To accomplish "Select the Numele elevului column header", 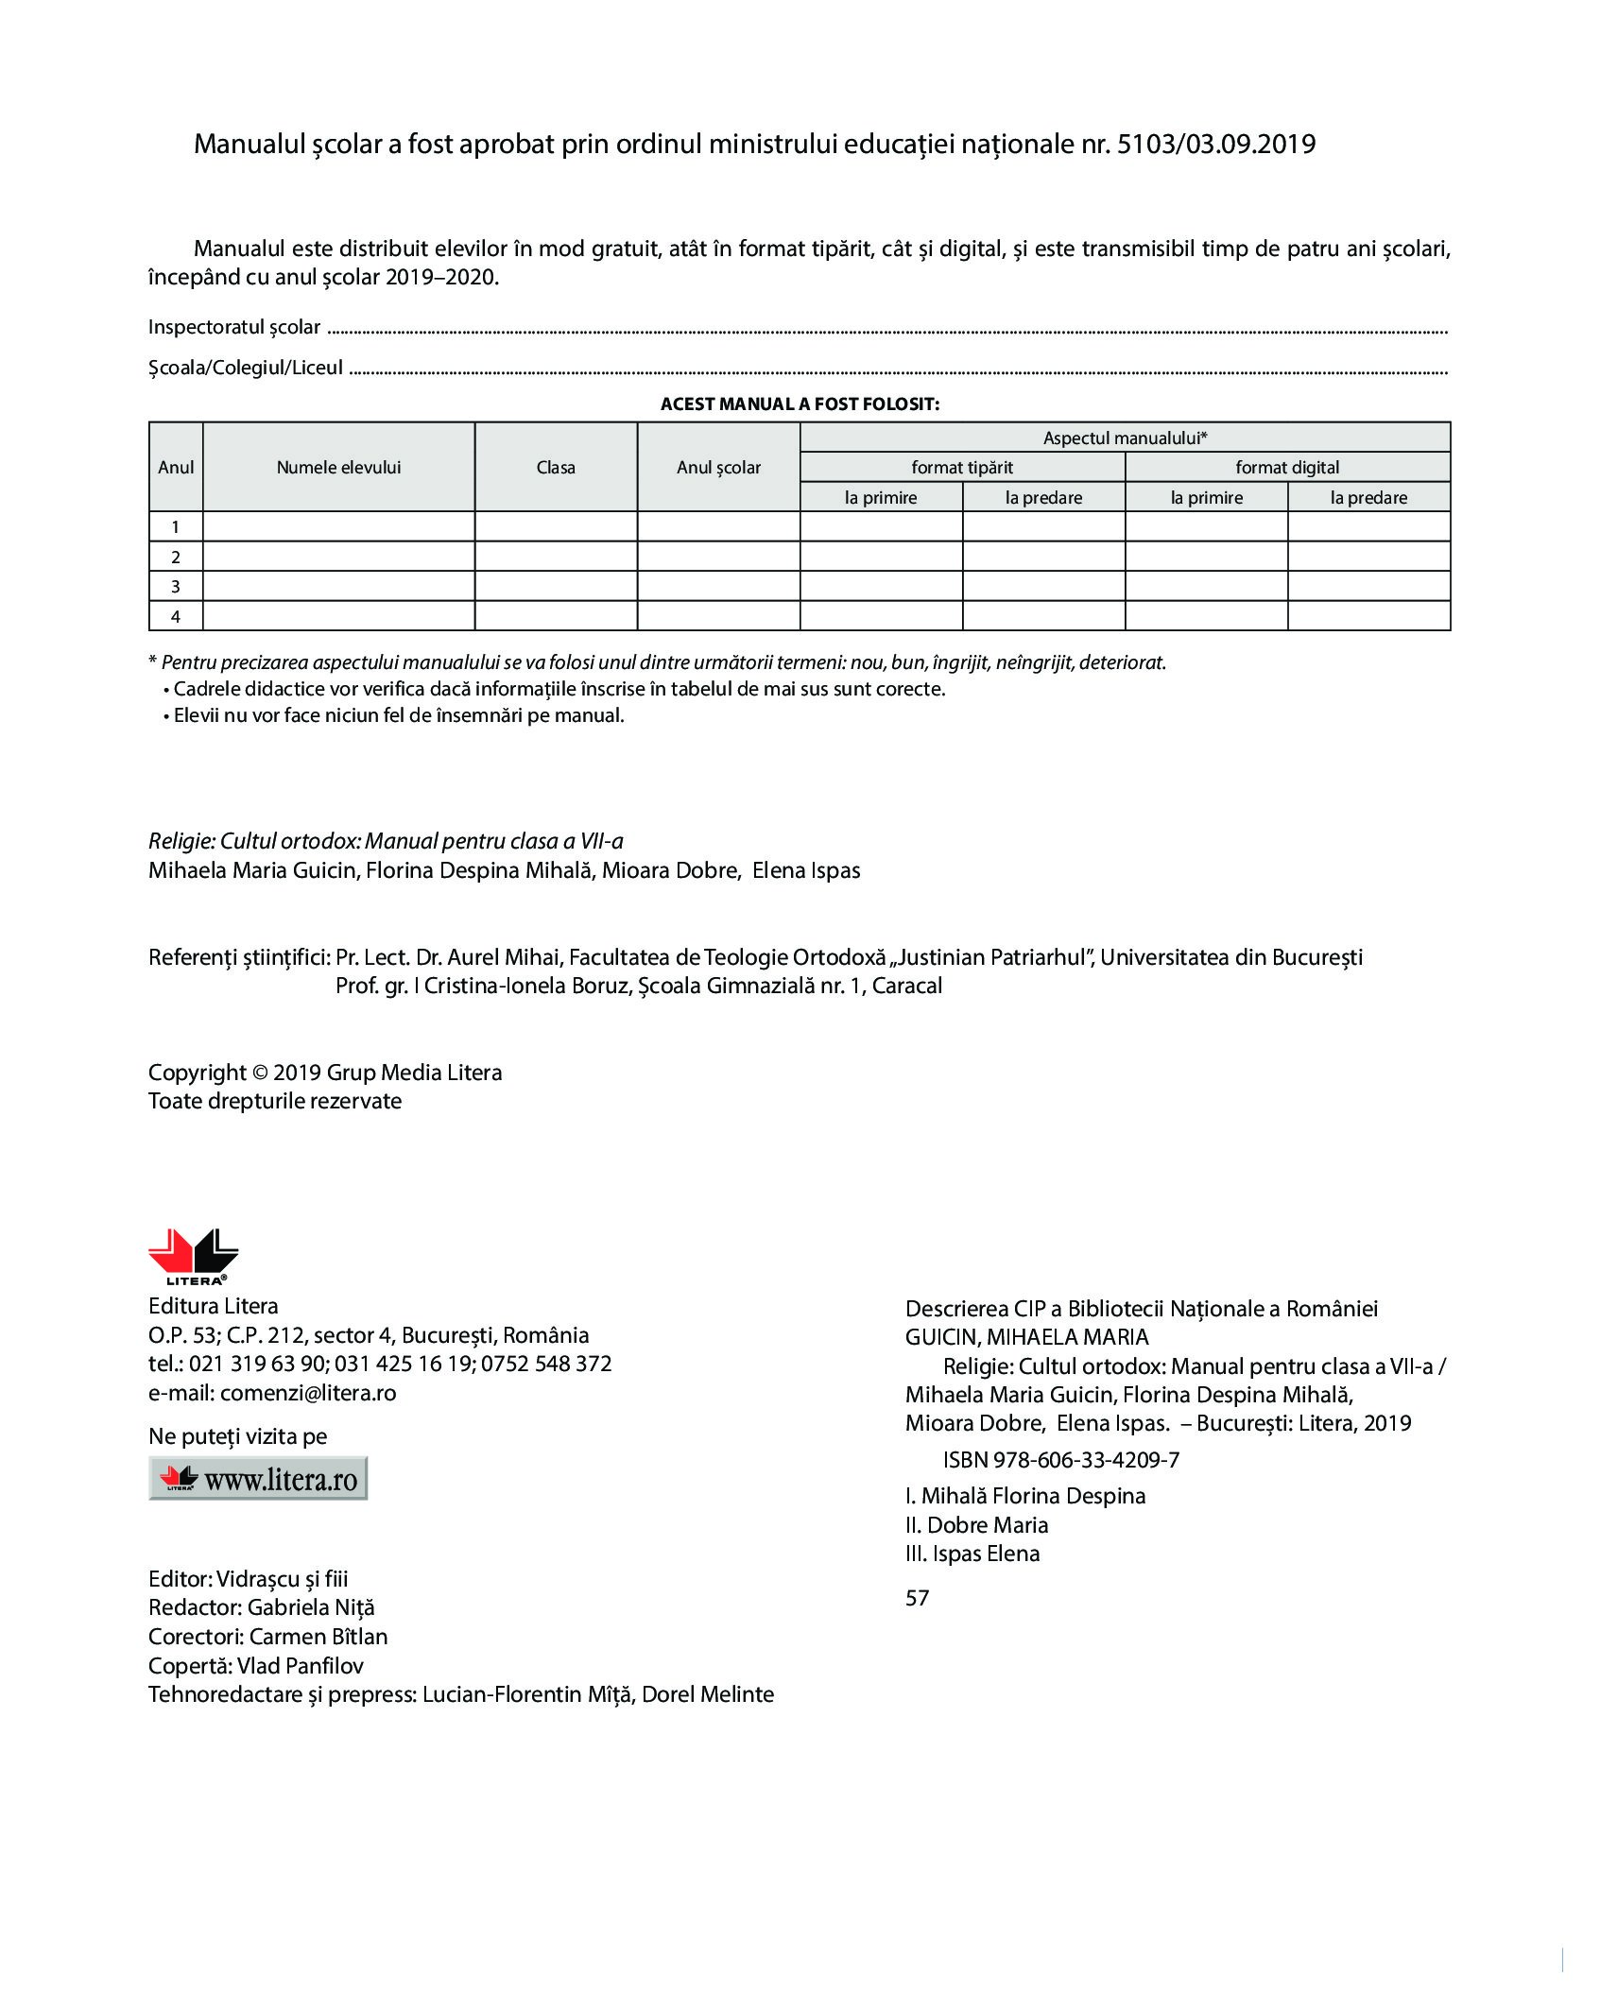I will [338, 468].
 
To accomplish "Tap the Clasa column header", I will [556, 468].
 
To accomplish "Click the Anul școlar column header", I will [718, 468].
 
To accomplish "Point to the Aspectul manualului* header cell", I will [1125, 438].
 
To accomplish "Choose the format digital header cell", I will [1287, 468].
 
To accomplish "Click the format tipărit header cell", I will [962, 468].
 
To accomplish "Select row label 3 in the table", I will [176, 587].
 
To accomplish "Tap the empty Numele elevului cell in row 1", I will [338, 526].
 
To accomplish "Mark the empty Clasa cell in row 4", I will [556, 616].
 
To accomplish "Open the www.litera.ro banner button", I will [258, 1479].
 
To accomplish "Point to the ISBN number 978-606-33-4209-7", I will [1086, 1460].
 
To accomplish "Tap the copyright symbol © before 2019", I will [260, 1073].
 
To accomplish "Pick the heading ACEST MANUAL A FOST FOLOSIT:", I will [800, 404].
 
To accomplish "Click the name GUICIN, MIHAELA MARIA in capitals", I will [1026, 1337].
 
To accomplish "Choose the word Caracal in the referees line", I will [907, 987].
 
